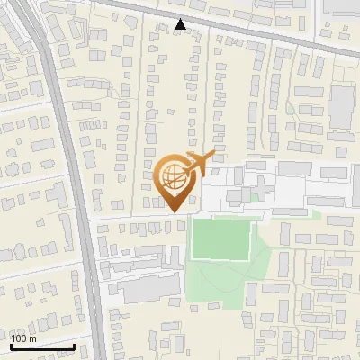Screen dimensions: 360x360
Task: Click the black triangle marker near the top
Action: (181, 24)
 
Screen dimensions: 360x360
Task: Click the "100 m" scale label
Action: (24, 338)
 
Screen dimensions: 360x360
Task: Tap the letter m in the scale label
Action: (33, 338)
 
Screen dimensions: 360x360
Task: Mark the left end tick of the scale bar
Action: (12, 345)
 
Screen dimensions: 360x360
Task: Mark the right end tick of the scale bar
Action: (74, 345)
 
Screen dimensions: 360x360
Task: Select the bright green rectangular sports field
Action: (221, 239)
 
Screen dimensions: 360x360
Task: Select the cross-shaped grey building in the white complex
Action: (238, 194)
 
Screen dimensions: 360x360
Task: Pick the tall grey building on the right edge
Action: (342, 108)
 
